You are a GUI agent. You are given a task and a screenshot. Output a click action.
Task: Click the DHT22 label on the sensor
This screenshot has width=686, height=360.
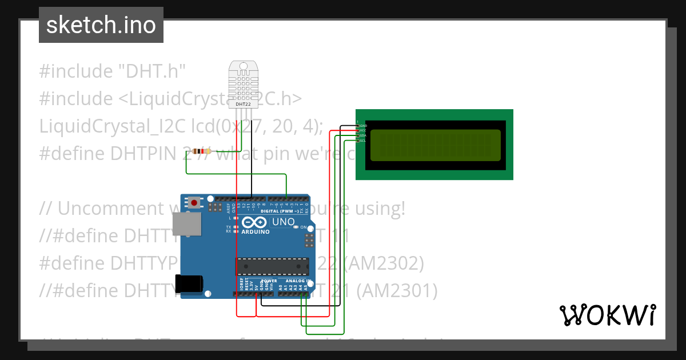pyautogui.click(x=242, y=105)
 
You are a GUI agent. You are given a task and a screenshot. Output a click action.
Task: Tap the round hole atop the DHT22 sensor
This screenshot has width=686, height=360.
pyautogui.click(x=242, y=67)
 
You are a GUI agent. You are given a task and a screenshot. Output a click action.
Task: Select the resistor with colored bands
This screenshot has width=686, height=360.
pyautogui.click(x=200, y=151)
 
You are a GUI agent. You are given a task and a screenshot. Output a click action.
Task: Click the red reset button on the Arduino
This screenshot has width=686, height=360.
pyautogui.click(x=195, y=202)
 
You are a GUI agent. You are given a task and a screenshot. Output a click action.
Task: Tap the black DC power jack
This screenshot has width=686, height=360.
pyautogui.click(x=189, y=283)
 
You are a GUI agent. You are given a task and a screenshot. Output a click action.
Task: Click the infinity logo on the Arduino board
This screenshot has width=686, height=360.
pyautogui.click(x=254, y=222)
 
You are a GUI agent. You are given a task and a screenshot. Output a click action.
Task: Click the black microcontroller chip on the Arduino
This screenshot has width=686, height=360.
pyautogui.click(x=272, y=266)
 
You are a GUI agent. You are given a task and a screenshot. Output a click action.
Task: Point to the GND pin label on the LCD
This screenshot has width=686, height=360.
pyautogui.click(x=363, y=125)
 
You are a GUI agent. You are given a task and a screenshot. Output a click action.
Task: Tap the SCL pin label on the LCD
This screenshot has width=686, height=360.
pyautogui.click(x=362, y=141)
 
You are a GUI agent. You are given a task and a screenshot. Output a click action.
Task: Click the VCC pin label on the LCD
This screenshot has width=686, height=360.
pyautogui.click(x=363, y=130)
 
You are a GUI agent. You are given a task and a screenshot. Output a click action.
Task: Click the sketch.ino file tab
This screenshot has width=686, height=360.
pyautogui.click(x=101, y=25)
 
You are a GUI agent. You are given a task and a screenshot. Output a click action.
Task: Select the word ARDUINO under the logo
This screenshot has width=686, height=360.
pyautogui.click(x=256, y=232)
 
